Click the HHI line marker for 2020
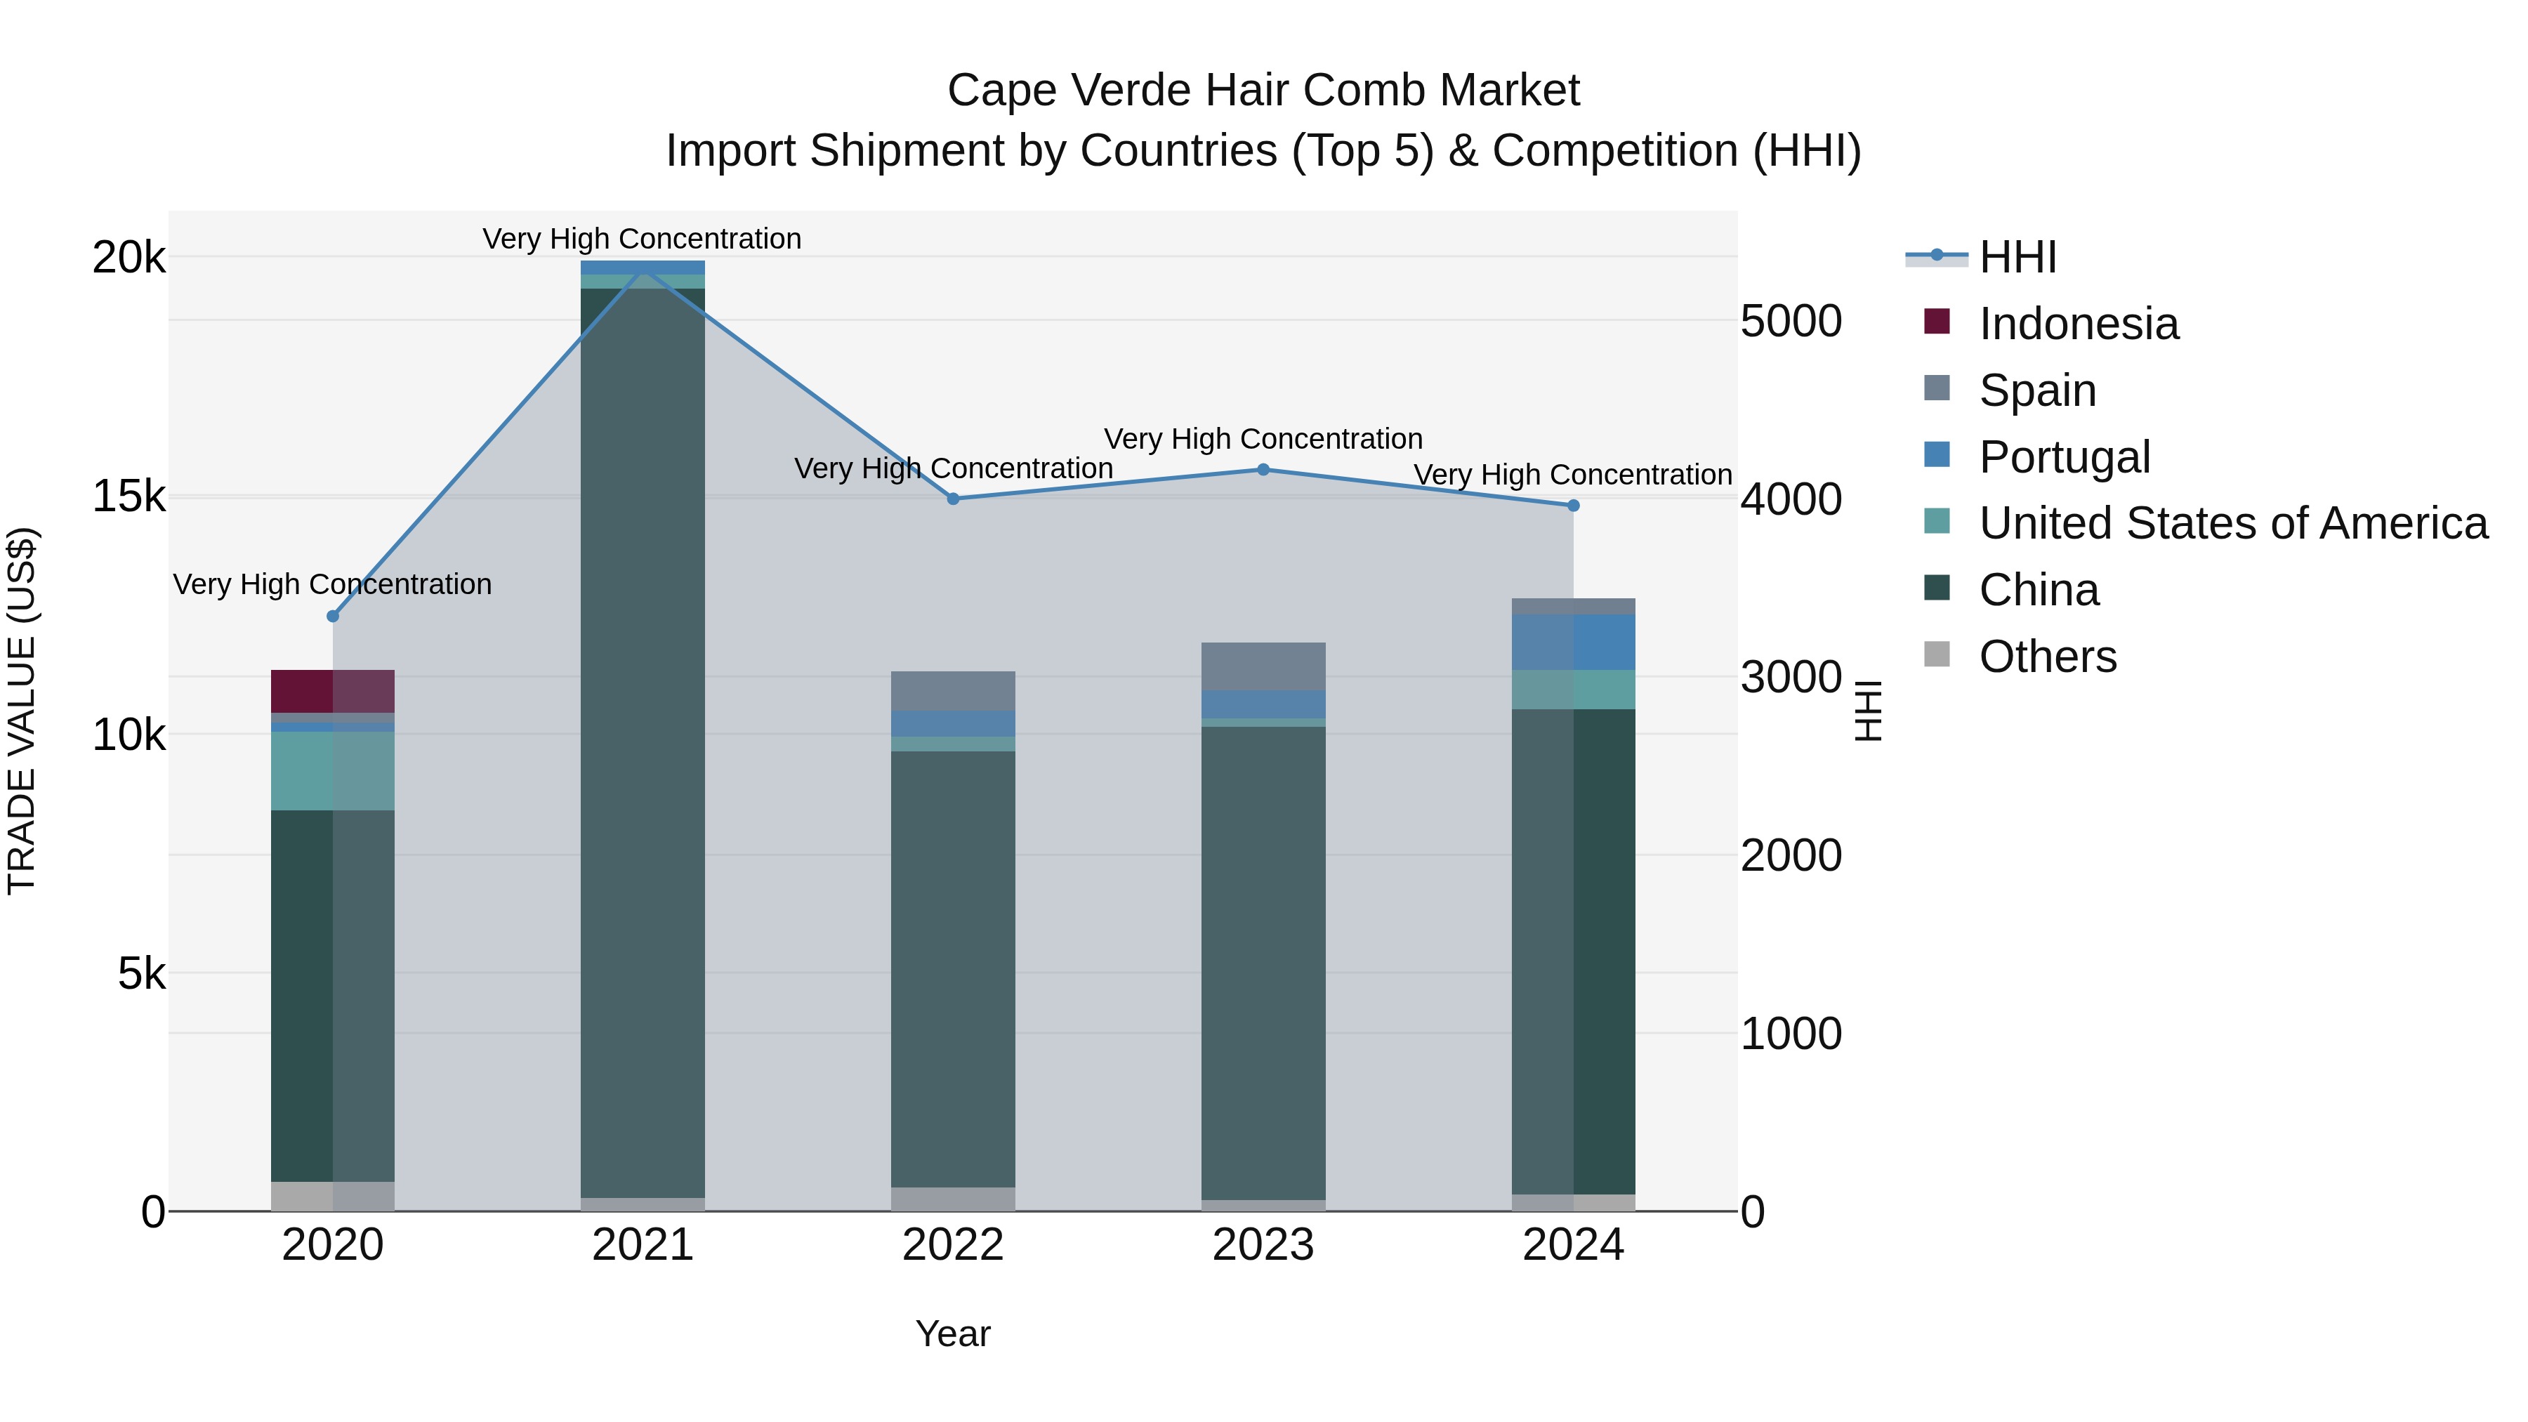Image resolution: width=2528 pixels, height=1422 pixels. coord(333,617)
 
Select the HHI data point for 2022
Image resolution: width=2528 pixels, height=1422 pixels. coord(953,499)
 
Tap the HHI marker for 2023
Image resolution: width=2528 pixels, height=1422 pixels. coord(1263,469)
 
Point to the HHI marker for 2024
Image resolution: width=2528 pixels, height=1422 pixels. coord(1573,506)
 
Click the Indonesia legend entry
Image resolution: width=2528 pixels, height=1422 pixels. coord(2078,324)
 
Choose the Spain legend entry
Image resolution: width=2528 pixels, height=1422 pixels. coord(2037,390)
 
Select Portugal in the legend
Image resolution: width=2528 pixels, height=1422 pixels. coord(2064,457)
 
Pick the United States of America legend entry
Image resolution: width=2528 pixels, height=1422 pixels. coord(2232,523)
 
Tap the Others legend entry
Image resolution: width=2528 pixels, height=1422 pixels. coord(2047,657)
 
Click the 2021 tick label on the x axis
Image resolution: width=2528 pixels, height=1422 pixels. coord(643,1245)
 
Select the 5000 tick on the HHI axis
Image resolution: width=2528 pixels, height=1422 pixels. coord(1791,321)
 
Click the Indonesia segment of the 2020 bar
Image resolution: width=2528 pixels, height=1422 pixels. coord(333,691)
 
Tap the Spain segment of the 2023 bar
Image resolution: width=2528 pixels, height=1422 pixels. coord(1263,666)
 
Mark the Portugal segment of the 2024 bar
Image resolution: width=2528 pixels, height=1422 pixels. coord(1573,642)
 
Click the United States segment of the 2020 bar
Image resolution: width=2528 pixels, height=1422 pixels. coord(333,770)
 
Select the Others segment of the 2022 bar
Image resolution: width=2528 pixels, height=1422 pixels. coord(953,1199)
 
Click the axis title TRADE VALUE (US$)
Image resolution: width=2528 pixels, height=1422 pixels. coord(22,711)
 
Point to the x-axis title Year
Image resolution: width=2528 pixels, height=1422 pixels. coord(953,1334)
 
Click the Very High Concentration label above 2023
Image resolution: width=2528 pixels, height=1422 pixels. coord(1263,439)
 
